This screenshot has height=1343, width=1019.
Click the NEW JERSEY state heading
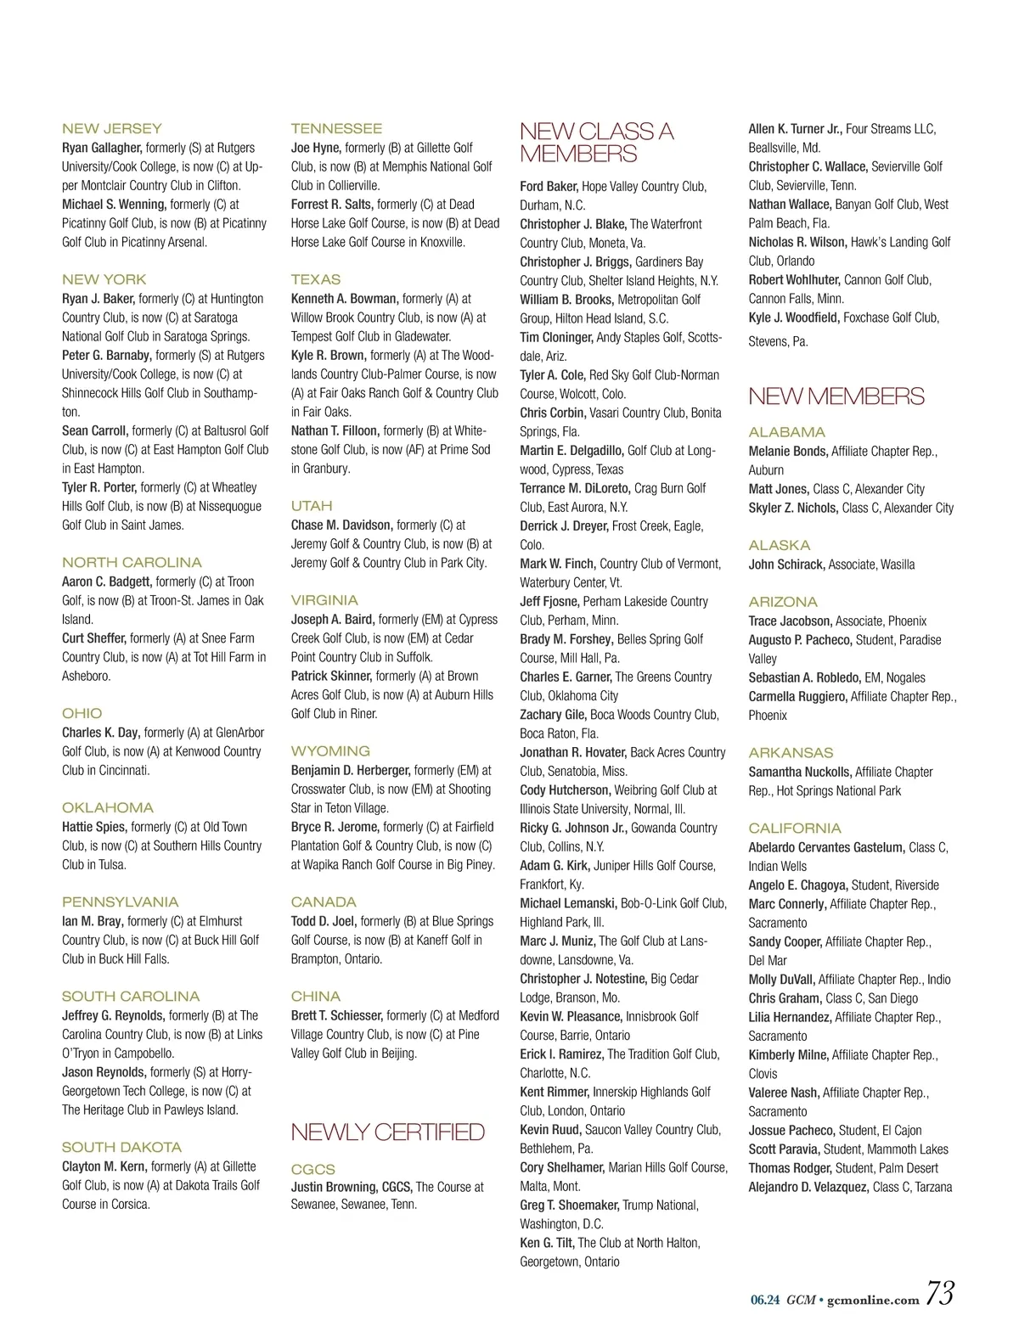click(x=111, y=129)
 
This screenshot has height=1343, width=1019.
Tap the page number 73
click(x=940, y=1294)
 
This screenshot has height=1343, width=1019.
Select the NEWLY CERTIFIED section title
click(x=387, y=1132)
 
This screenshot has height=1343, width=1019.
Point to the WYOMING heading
click(x=330, y=751)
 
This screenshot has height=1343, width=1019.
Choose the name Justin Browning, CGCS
click(x=352, y=1187)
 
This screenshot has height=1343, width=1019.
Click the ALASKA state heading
click(x=779, y=545)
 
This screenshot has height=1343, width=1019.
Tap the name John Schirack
click(x=786, y=565)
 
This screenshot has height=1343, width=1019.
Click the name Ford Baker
click(x=549, y=187)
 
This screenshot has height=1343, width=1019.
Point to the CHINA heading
click(x=315, y=997)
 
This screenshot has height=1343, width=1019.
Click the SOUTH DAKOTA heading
click(x=121, y=1148)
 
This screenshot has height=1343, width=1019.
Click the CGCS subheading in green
click(x=312, y=1169)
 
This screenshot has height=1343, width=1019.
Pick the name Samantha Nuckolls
click(x=799, y=772)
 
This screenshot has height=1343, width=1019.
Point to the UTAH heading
click(x=312, y=506)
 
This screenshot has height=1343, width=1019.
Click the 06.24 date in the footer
click(x=764, y=1300)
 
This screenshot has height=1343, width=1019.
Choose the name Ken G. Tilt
click(x=547, y=1243)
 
